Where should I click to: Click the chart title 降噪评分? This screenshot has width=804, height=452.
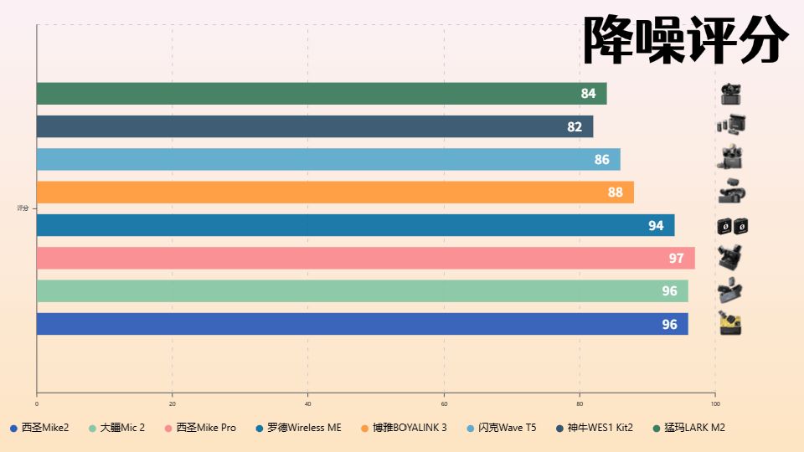click(685, 40)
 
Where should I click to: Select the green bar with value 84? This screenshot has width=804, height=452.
click(322, 94)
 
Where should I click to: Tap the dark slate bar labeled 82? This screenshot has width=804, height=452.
click(315, 126)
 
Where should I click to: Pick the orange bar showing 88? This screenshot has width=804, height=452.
click(335, 193)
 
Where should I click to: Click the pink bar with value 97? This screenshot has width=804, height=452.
click(365, 258)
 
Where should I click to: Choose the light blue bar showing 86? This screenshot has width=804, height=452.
click(328, 159)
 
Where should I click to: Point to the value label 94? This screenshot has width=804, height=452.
click(656, 226)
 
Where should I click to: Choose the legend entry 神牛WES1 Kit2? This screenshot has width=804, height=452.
click(600, 428)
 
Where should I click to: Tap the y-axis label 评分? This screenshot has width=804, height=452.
click(23, 208)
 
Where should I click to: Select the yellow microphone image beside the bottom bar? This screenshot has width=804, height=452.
click(731, 323)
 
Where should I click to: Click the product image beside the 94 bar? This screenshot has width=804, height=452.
click(731, 226)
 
